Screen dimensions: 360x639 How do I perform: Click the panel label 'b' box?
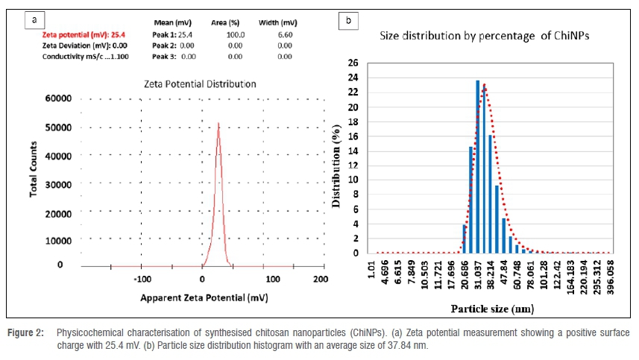click(349, 21)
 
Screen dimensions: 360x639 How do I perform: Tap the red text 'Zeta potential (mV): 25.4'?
click(76, 34)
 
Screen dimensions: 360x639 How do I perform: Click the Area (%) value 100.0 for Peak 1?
click(235, 34)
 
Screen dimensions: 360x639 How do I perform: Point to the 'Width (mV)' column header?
click(280, 22)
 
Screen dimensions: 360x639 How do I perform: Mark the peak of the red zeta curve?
click(218, 124)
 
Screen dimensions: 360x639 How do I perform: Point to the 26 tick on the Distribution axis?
click(362, 64)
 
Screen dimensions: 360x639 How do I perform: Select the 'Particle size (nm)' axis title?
click(490, 308)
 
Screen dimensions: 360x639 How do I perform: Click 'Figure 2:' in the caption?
click(26, 332)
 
